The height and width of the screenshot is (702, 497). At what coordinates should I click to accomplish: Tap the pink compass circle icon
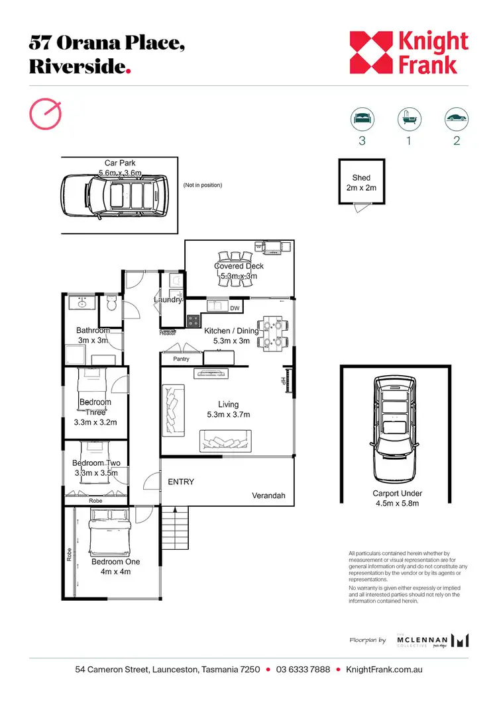pyautogui.click(x=46, y=114)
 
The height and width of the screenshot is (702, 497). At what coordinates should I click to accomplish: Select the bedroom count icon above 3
pyautogui.click(x=362, y=120)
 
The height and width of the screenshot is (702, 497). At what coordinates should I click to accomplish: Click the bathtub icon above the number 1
pyautogui.click(x=408, y=120)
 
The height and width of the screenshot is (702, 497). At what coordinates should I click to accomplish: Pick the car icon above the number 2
pyautogui.click(x=456, y=120)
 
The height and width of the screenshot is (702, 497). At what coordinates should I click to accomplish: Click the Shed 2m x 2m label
pyautogui.click(x=361, y=183)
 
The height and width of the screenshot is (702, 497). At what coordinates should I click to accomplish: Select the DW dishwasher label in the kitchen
pyautogui.click(x=235, y=308)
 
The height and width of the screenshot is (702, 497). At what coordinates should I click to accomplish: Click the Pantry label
pyautogui.click(x=181, y=359)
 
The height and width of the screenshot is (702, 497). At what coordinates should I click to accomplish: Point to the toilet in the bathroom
pyautogui.click(x=112, y=305)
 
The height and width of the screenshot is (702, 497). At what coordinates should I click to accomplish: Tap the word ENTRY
pyautogui.click(x=181, y=482)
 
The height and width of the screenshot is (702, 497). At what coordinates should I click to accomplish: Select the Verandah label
pyautogui.click(x=268, y=496)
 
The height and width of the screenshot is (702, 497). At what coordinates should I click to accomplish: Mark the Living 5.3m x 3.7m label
pyautogui.click(x=229, y=410)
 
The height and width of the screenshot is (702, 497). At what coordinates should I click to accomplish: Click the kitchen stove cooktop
pyautogui.click(x=194, y=321)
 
